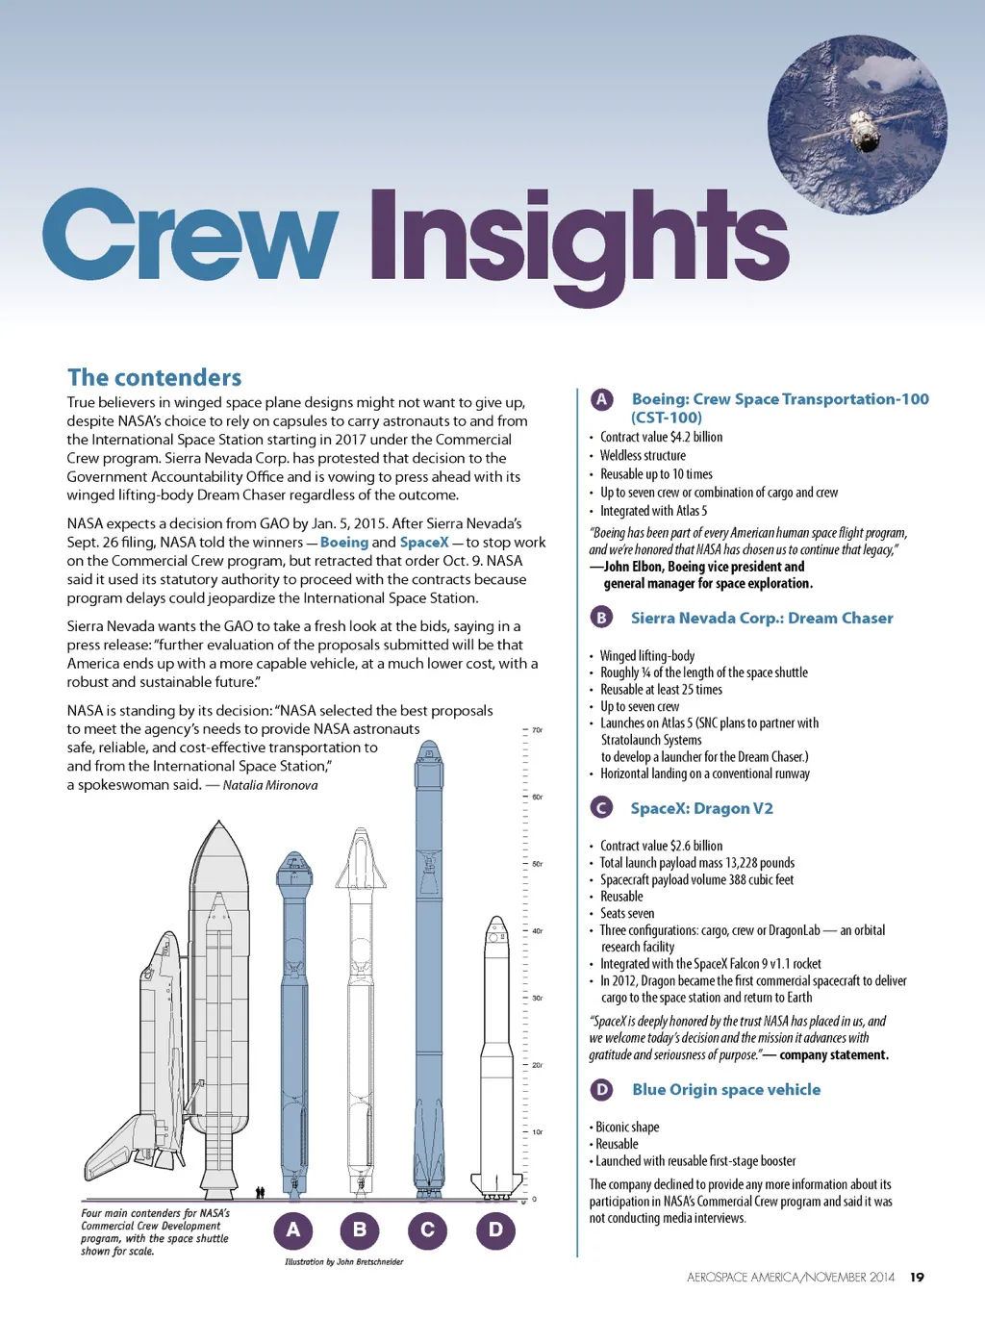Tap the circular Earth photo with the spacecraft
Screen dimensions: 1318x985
tap(857, 124)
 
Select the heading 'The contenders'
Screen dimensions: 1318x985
tap(154, 377)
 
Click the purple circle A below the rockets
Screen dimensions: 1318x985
tap(293, 1229)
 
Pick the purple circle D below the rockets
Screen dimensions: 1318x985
tap(495, 1229)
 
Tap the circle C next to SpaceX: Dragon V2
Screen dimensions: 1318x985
tap(601, 808)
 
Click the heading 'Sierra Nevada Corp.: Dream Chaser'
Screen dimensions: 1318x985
tap(761, 618)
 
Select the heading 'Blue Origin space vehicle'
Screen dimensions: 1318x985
tap(725, 1089)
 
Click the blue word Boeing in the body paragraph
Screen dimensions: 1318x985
tap(343, 543)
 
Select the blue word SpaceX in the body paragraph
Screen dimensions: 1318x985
tap(423, 543)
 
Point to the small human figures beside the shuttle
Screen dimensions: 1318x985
tap(260, 1192)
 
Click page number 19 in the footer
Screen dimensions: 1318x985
tap(917, 1278)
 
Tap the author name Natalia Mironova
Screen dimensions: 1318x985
tap(270, 785)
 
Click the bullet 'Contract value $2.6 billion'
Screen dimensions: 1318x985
tap(661, 846)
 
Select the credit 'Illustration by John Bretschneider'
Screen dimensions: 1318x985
tap(343, 1261)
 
